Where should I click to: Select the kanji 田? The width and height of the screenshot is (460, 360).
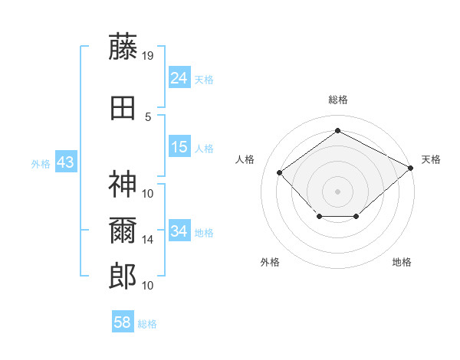(123, 108)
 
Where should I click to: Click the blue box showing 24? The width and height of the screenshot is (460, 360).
(179, 78)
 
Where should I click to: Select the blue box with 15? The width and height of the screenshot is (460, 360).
(179, 147)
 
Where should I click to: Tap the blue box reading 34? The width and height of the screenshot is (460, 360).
(179, 231)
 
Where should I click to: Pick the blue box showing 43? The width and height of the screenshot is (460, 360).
(65, 162)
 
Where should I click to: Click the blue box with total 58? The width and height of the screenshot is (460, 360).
(123, 322)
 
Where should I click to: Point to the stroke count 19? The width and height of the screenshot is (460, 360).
(148, 55)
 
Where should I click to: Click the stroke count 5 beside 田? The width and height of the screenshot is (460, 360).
(148, 116)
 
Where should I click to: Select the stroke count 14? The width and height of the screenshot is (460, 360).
(148, 240)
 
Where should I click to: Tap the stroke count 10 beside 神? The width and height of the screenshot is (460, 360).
(148, 193)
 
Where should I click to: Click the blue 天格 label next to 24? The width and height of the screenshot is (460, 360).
(204, 79)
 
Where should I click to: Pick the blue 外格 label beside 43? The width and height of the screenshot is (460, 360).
(40, 163)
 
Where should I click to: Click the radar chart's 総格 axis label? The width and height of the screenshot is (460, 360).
(337, 100)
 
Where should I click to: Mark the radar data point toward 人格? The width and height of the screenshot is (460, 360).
(280, 172)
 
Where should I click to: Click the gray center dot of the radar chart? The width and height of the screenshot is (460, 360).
(337, 191)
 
